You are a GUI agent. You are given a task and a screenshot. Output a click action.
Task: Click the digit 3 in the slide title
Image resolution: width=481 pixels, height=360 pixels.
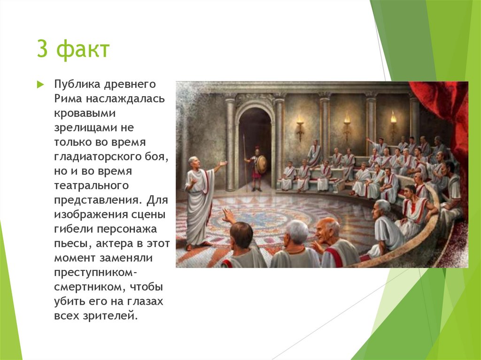[42, 49]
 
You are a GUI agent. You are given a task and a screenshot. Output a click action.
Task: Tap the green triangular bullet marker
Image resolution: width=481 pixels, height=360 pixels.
[40, 85]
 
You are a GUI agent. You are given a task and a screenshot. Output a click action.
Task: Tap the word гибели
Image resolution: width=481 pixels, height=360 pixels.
[71, 229]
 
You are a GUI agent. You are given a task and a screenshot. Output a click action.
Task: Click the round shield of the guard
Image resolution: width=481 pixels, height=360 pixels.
[261, 164]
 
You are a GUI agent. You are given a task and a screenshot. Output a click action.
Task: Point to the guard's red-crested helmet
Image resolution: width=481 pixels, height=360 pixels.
[256, 150]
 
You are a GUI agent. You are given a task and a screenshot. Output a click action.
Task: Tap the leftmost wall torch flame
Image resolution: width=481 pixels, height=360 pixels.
[299, 115]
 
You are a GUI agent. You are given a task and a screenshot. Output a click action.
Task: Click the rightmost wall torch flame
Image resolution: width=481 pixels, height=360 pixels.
[393, 116]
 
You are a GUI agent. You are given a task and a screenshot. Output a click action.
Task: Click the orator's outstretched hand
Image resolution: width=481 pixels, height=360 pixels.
[224, 163]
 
